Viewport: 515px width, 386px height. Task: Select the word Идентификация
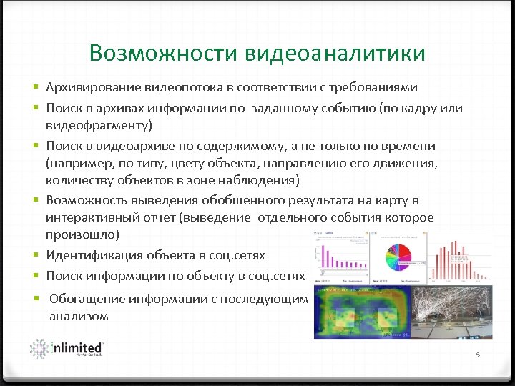coord(93,255)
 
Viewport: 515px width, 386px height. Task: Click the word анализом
coord(79,316)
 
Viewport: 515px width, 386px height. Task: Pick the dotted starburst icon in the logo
coord(39,348)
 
